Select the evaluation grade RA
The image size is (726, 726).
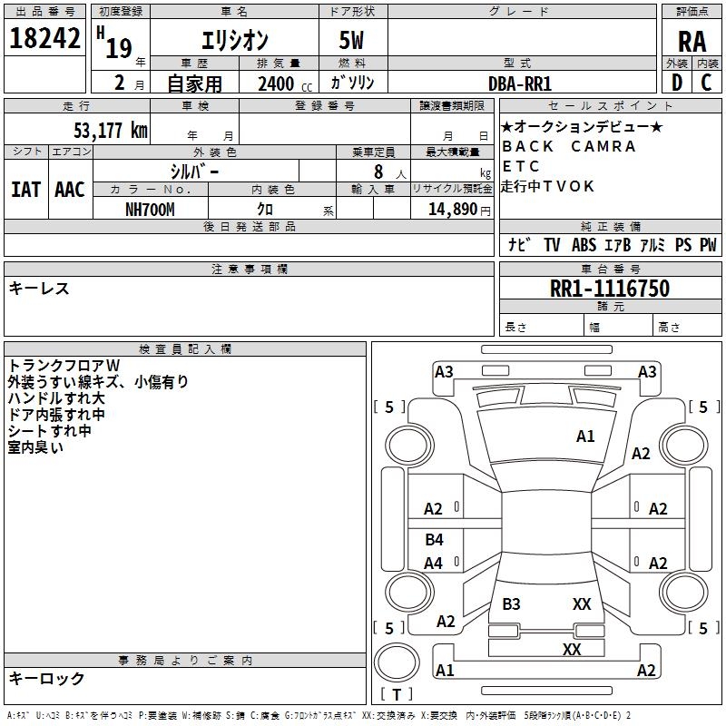(x=692, y=40)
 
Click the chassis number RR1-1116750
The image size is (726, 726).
(x=610, y=289)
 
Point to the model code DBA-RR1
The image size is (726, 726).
(x=520, y=83)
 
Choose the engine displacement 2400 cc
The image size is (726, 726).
(x=278, y=83)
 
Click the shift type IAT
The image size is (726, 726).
(x=25, y=190)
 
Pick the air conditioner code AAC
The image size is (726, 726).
(x=70, y=190)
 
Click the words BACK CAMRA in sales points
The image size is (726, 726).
(x=569, y=146)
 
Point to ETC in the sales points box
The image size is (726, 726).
(x=521, y=166)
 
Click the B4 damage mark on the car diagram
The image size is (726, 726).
(x=434, y=540)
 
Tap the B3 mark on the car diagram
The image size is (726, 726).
(x=511, y=604)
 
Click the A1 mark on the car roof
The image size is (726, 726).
(x=585, y=437)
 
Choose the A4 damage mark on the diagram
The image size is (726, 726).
(x=434, y=564)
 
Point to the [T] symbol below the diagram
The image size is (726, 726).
(x=397, y=694)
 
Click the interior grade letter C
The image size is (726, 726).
(x=706, y=82)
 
